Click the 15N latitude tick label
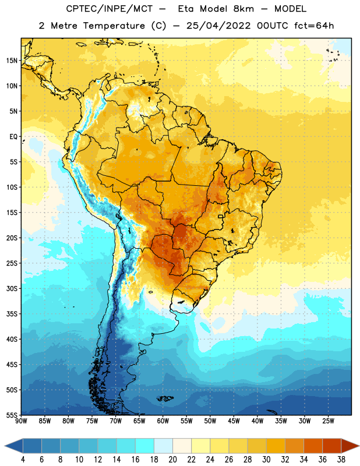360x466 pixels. (x=12, y=61)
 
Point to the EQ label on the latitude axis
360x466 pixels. (x=13, y=136)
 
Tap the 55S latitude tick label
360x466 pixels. (x=12, y=415)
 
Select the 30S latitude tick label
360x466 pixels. (x=12, y=288)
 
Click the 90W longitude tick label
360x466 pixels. (x=22, y=421)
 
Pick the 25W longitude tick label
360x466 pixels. (x=328, y=421)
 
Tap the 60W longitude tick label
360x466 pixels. (x=163, y=421)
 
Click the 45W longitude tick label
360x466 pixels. (x=234, y=421)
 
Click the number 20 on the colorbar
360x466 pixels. (x=172, y=460)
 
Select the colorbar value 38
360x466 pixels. (x=341, y=460)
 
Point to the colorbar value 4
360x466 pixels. (x=23, y=460)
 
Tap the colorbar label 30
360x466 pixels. (x=266, y=460)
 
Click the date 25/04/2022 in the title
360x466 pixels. (x=218, y=26)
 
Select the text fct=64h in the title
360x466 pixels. (x=314, y=26)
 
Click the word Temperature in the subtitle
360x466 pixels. (x=114, y=26)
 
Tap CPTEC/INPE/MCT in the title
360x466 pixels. (x=110, y=9)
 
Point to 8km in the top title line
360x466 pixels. (x=243, y=9)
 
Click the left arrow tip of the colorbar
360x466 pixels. (x=5, y=446)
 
